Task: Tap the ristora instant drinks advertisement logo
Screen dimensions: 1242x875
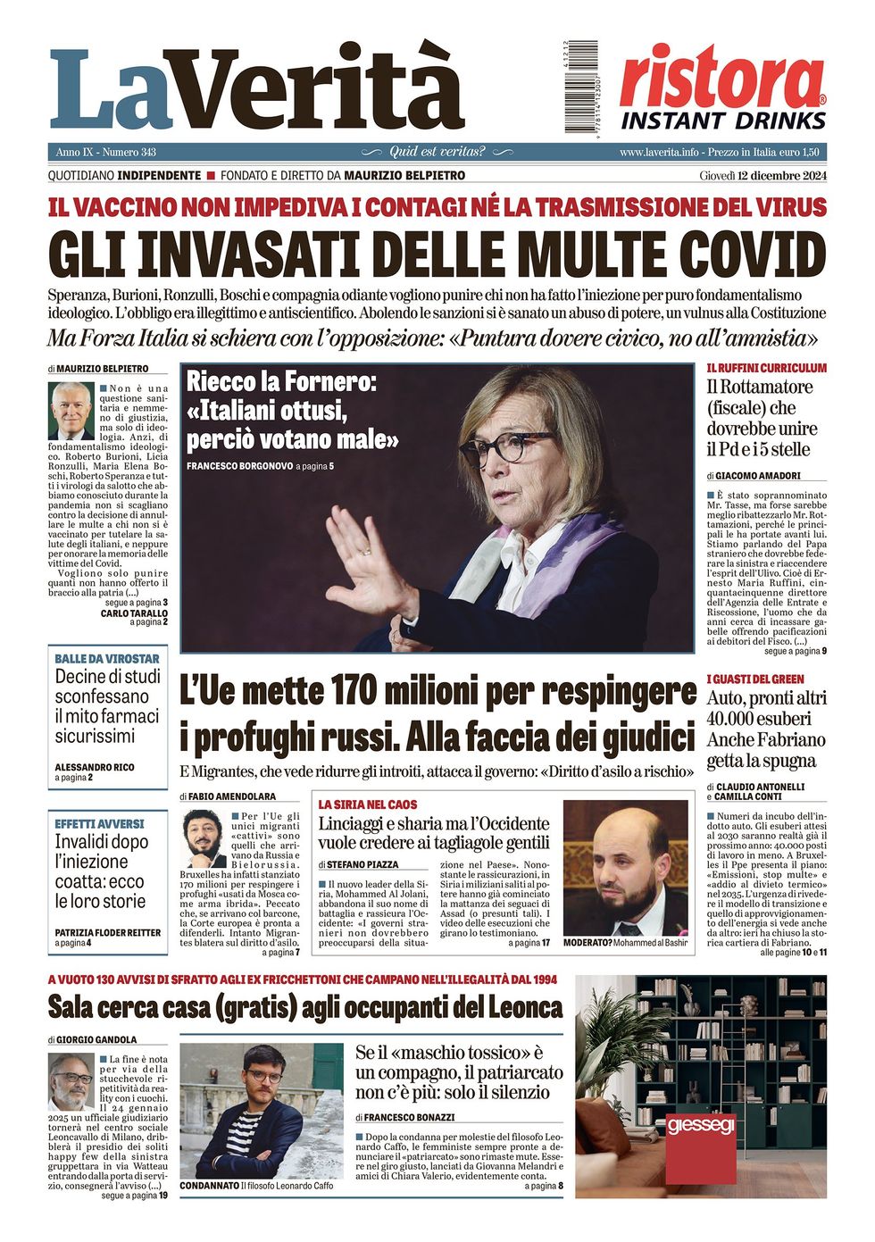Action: tap(722, 87)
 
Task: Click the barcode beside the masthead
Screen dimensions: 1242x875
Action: tap(581, 87)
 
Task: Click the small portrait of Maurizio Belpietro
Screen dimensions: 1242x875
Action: tap(71, 411)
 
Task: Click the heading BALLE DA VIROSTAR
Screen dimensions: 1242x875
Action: tap(107, 659)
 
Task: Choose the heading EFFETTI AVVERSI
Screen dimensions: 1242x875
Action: tap(99, 823)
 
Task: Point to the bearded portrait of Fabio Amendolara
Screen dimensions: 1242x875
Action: tap(204, 839)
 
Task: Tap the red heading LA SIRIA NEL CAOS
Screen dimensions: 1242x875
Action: tap(368, 804)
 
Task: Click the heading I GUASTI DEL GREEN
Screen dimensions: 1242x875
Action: tap(755, 679)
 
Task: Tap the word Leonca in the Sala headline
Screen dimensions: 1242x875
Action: tap(526, 1008)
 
